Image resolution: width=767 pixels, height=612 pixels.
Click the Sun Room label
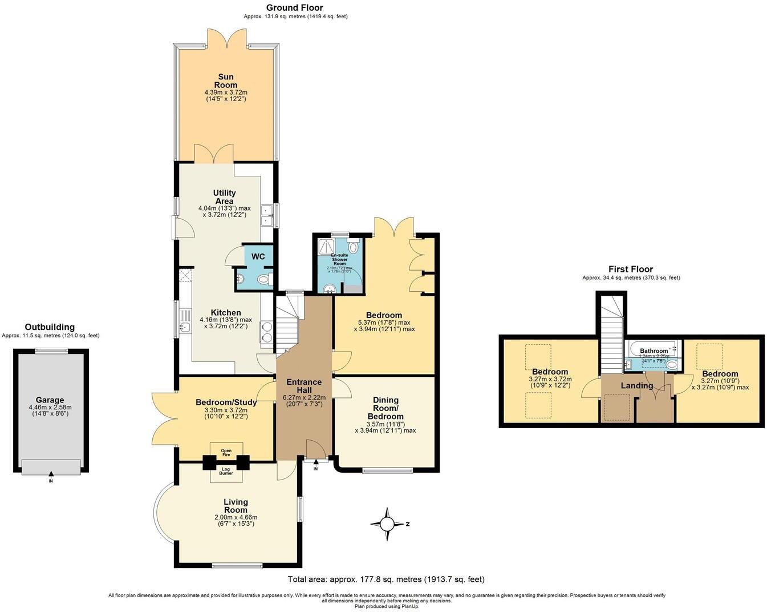(x=226, y=81)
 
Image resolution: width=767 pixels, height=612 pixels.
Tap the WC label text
(x=258, y=257)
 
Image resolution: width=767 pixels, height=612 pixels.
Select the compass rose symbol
(x=388, y=524)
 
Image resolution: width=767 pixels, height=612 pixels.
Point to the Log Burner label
(x=226, y=471)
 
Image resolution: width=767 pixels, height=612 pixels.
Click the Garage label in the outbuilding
(x=50, y=400)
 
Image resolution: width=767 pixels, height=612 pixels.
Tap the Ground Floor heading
(x=295, y=7)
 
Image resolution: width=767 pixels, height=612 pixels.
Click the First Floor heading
(x=630, y=269)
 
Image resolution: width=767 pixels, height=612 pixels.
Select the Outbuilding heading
(x=50, y=327)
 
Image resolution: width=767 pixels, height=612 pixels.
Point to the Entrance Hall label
(x=304, y=386)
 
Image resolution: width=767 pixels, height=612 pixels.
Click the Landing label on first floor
(x=636, y=386)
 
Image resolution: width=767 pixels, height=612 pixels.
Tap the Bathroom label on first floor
(x=653, y=351)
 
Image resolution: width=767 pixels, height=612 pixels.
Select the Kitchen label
(x=226, y=313)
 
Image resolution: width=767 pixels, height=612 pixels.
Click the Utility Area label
(x=224, y=197)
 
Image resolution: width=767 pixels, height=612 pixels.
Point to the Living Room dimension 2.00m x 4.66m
(x=236, y=517)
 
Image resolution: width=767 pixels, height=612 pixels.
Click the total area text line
(x=386, y=579)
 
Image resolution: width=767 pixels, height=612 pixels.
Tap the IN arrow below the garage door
(x=51, y=477)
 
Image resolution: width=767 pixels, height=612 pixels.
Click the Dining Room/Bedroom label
(x=385, y=408)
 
